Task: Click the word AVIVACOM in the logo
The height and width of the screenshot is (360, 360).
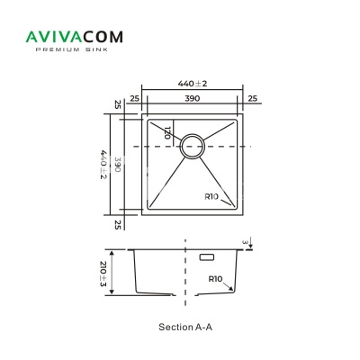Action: pyautogui.click(x=75, y=37)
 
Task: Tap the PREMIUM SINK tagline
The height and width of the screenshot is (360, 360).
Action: pyautogui.click(x=72, y=49)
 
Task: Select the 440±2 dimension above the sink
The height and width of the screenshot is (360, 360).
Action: pyautogui.click(x=193, y=84)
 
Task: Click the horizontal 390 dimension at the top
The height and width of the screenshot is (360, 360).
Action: pyautogui.click(x=192, y=98)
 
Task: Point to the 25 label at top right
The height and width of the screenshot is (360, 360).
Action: pyautogui.click(x=253, y=98)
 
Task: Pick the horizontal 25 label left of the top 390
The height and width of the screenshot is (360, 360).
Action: pyautogui.click(x=135, y=98)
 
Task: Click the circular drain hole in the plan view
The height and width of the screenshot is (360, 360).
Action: pyautogui.click(x=193, y=146)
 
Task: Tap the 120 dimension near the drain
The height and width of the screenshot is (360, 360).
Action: pyautogui.click(x=167, y=132)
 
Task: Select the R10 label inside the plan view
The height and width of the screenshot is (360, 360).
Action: pyautogui.click(x=211, y=197)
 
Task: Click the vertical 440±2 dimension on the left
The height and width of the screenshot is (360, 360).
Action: pyautogui.click(x=103, y=165)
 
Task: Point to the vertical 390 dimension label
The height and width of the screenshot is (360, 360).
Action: pyautogui.click(x=117, y=165)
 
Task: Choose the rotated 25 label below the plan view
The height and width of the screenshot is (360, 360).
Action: pyautogui.click(x=118, y=225)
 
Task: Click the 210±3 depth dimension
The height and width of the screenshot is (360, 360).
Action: pyautogui.click(x=103, y=274)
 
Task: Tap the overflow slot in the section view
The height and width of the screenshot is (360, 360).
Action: pyautogui.click(x=207, y=257)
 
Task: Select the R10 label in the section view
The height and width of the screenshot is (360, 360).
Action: pyautogui.click(x=215, y=279)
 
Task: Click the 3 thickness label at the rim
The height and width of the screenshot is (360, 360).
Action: pyautogui.click(x=246, y=242)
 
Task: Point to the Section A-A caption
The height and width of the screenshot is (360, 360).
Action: pyautogui.click(x=185, y=327)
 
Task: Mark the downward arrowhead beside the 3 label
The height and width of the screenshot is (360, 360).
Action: pyautogui.click(x=251, y=247)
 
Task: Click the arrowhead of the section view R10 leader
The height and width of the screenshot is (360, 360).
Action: pyautogui.click(x=231, y=289)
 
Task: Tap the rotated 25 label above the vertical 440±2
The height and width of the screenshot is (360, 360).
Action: pyautogui.click(x=118, y=104)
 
